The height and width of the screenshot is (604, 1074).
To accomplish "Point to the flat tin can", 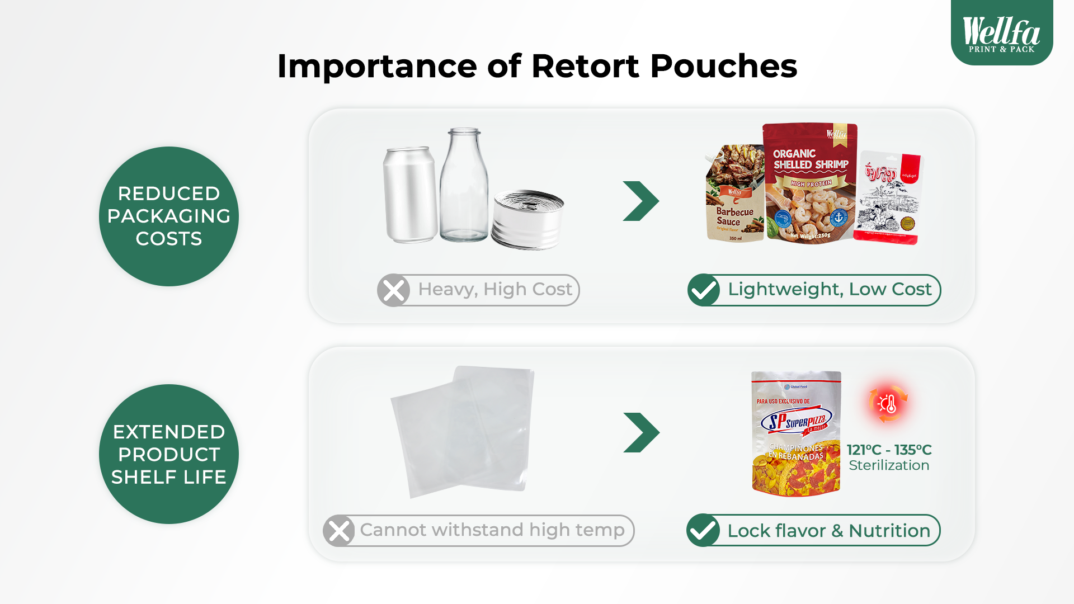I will pos(527,220).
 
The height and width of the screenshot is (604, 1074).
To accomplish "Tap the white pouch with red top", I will pos(889,199).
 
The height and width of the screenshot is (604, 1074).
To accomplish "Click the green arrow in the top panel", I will pos(641,201).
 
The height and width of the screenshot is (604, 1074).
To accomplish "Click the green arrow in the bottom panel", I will pos(642,432).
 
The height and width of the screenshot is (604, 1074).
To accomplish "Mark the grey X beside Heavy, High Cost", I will pos(393,290).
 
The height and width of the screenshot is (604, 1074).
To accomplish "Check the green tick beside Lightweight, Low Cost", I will pos(704,290).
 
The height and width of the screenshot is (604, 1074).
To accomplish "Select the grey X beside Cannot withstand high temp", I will pos(339,531).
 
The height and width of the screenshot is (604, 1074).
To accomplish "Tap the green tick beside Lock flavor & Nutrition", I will pos(703,530).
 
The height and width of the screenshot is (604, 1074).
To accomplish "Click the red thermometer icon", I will pos(888,403).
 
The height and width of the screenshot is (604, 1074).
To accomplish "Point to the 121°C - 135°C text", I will pos(889,450).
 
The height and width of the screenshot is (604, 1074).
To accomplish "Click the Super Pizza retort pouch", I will pos(796,433).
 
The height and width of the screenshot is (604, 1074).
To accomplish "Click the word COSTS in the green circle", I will pos(168,239).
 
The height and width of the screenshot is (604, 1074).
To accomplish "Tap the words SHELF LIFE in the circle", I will pos(168,477).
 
